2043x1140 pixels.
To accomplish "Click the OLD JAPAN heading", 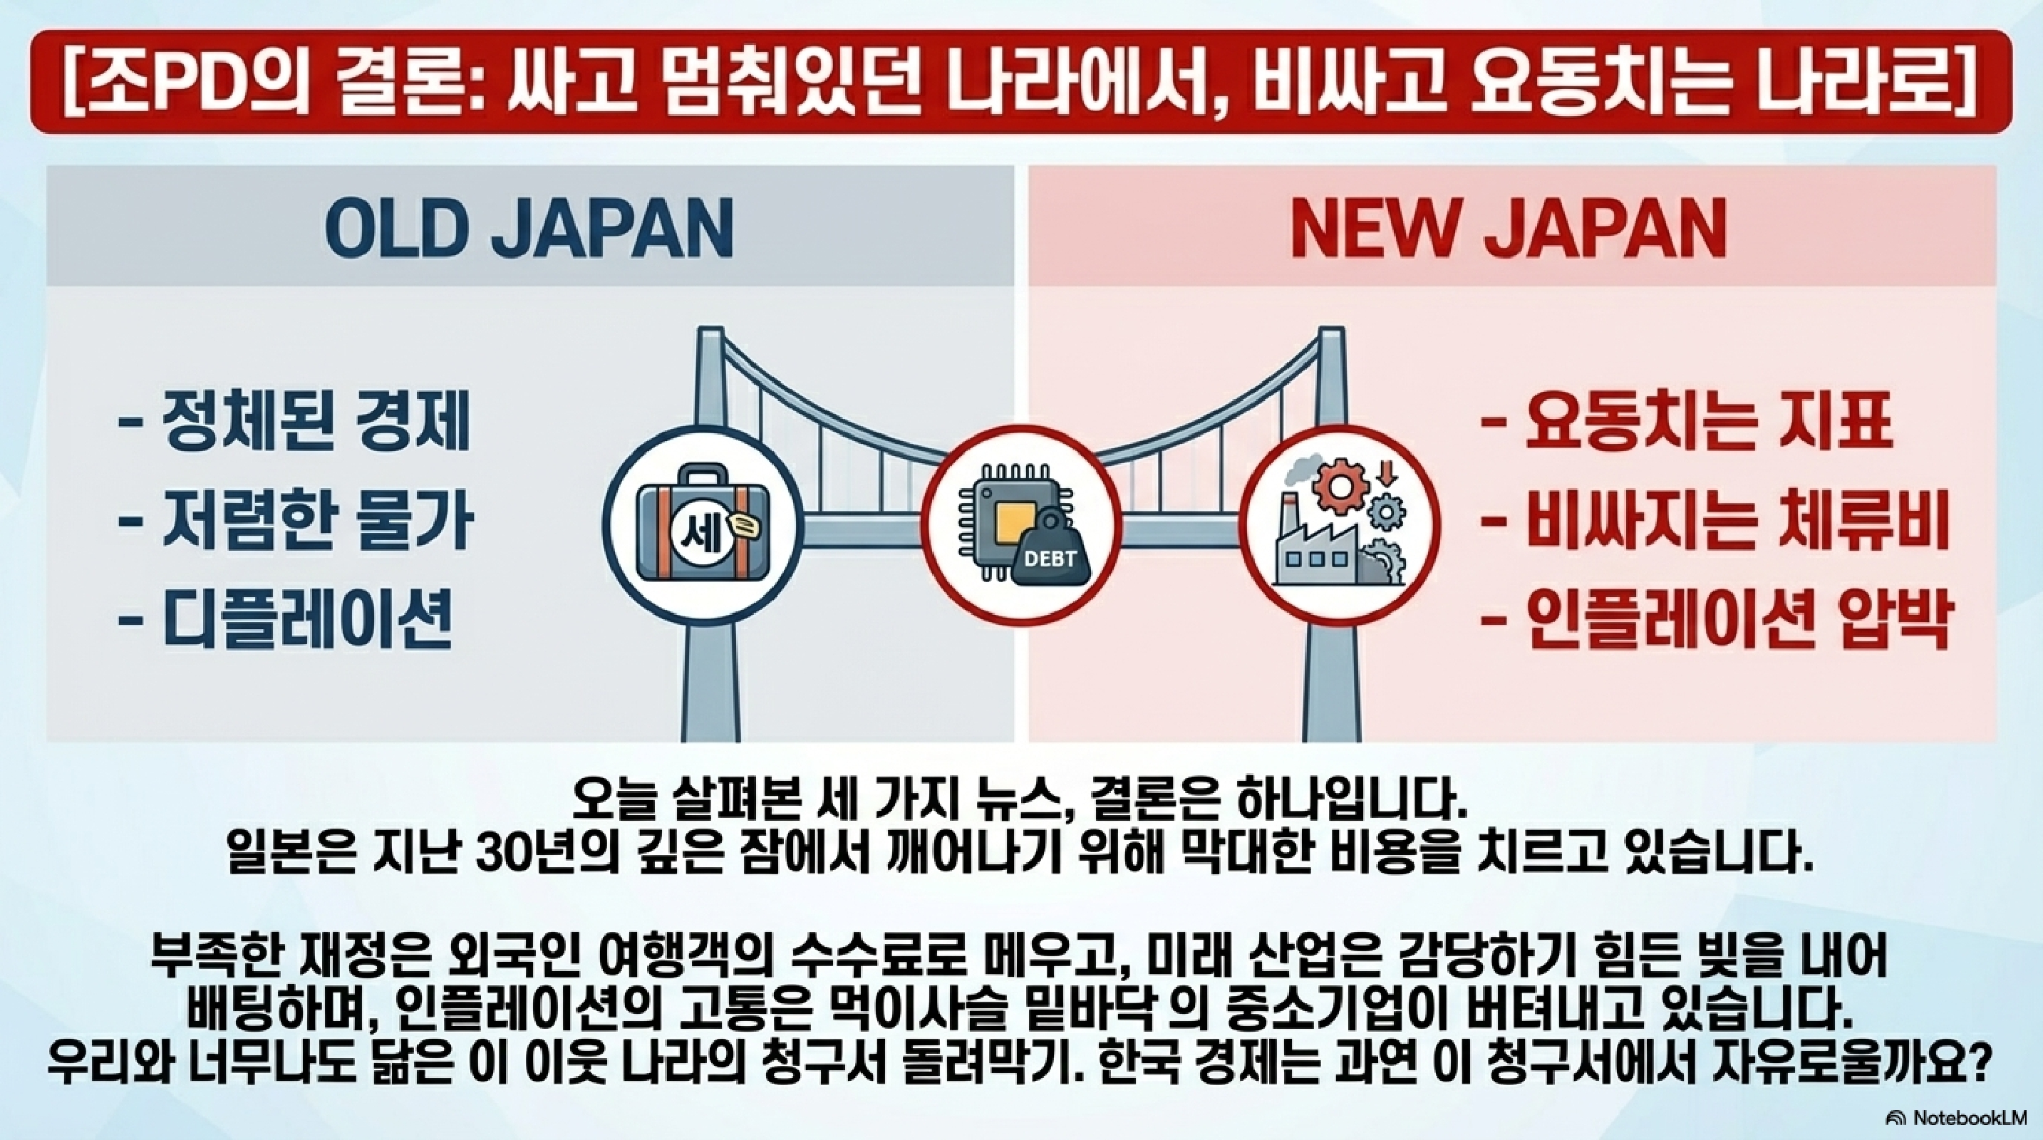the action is (x=529, y=227).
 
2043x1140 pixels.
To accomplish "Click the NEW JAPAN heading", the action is (x=1509, y=227).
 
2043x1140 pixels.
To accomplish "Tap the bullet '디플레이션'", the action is (x=286, y=619).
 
